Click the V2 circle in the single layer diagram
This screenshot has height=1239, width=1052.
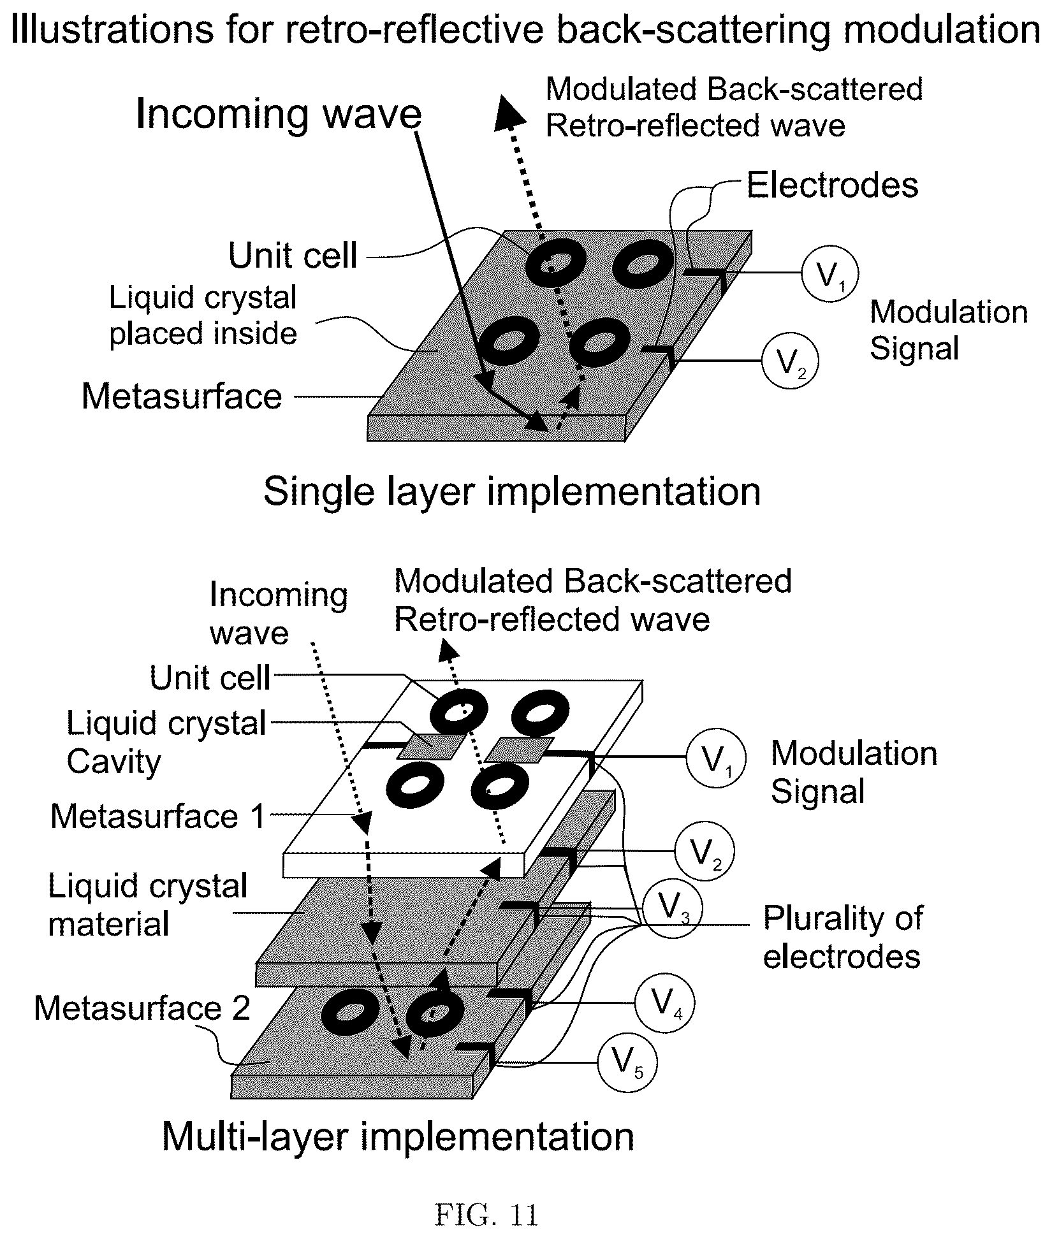click(x=790, y=362)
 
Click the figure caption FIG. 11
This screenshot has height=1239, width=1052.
click(x=486, y=1215)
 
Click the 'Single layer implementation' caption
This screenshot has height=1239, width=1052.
click(x=512, y=491)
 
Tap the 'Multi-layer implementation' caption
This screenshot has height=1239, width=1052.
click(x=398, y=1136)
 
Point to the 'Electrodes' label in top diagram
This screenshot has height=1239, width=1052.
click(x=833, y=185)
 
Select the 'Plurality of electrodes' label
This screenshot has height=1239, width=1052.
click(x=843, y=937)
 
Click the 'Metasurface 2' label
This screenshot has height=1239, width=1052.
click(x=142, y=1008)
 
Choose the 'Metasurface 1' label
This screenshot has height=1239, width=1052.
click(x=157, y=816)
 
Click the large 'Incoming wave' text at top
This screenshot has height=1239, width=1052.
click(x=279, y=114)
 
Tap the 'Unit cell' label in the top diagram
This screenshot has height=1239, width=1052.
click(x=293, y=256)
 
